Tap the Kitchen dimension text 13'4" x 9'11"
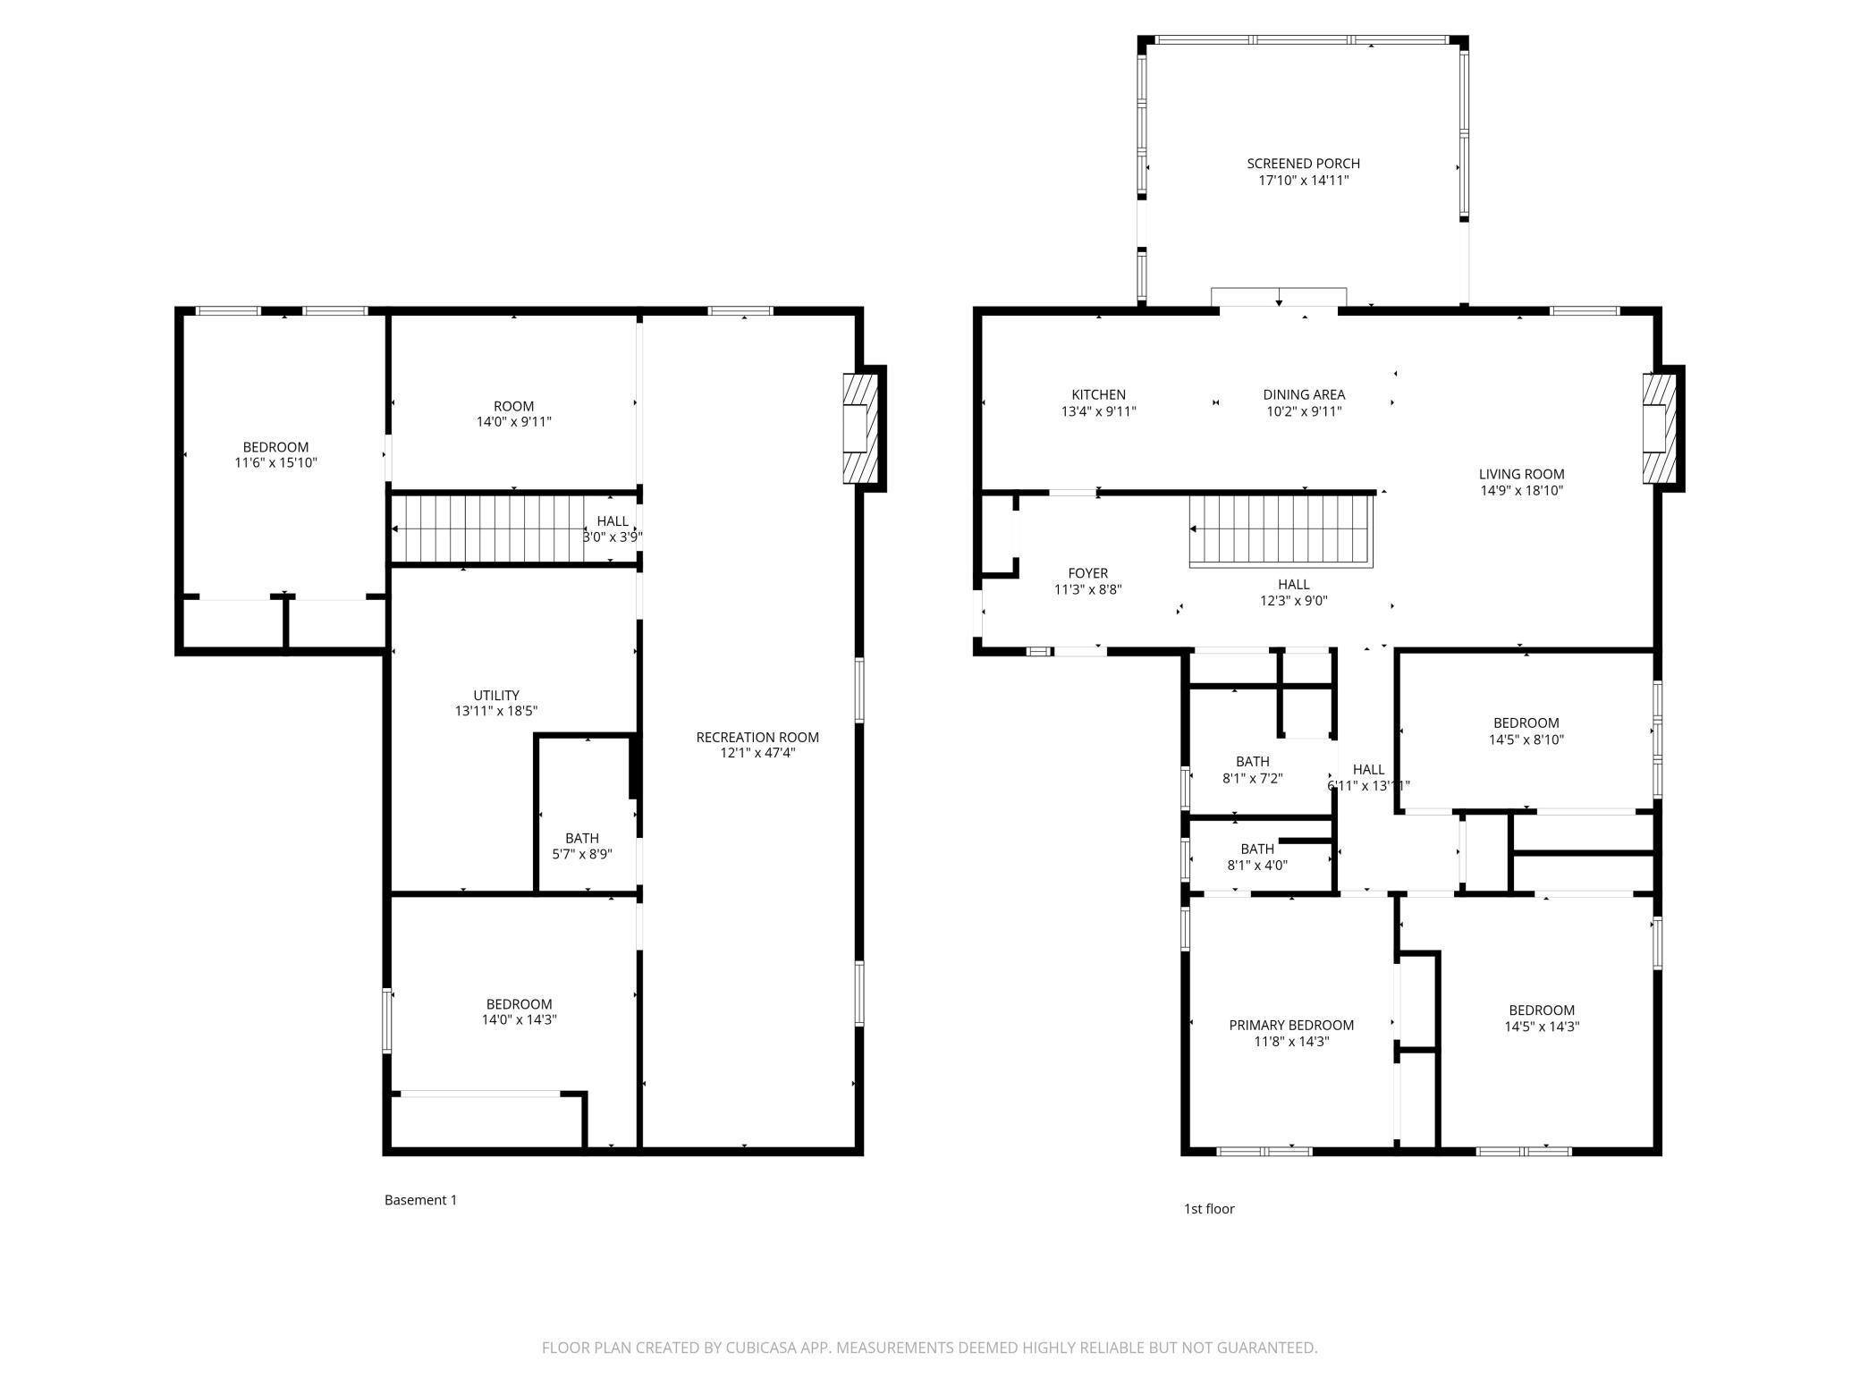(x=1098, y=411)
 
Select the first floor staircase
(x=1280, y=531)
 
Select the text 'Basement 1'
(x=420, y=1200)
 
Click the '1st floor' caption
(x=1209, y=1209)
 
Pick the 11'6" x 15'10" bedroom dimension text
(x=275, y=463)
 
